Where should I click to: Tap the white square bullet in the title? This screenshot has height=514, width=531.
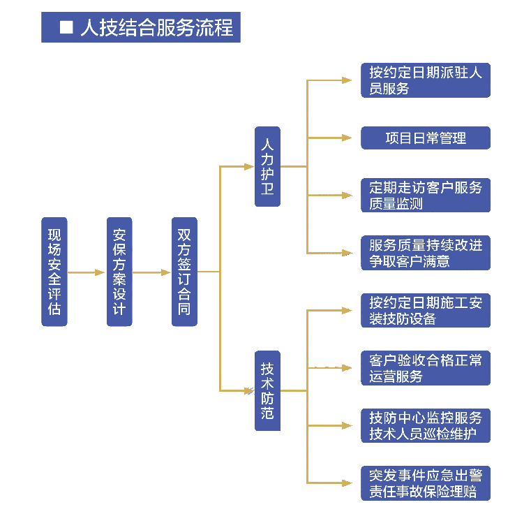tap(67, 28)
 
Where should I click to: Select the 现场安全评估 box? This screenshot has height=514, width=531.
tap(54, 272)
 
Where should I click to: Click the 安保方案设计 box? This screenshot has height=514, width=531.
tap(119, 272)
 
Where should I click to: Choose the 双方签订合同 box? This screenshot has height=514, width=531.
tap(184, 272)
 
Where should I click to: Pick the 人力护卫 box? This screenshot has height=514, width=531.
tap(267, 166)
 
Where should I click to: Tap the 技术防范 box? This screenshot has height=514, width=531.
tap(267, 390)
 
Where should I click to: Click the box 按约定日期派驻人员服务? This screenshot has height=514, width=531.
tap(426, 80)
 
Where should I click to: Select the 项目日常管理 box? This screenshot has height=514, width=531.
tap(426, 138)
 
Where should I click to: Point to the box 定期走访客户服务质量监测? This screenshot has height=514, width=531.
tap(426, 196)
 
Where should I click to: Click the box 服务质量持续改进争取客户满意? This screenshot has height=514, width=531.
tap(426, 253)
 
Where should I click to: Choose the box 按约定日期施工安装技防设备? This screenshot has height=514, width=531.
tap(426, 310)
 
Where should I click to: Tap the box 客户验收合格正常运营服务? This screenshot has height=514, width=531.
tap(426, 368)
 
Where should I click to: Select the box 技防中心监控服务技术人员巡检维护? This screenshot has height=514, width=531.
tap(426, 425)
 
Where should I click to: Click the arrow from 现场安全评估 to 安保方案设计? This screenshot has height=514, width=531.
tap(87, 272)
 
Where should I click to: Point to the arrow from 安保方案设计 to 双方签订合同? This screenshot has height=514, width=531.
tap(151, 272)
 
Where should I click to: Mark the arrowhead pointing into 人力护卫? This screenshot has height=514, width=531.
tap(249, 166)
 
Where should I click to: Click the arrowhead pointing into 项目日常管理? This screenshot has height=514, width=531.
tap(347, 138)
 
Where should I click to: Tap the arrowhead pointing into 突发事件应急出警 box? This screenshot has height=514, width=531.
tap(347, 483)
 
